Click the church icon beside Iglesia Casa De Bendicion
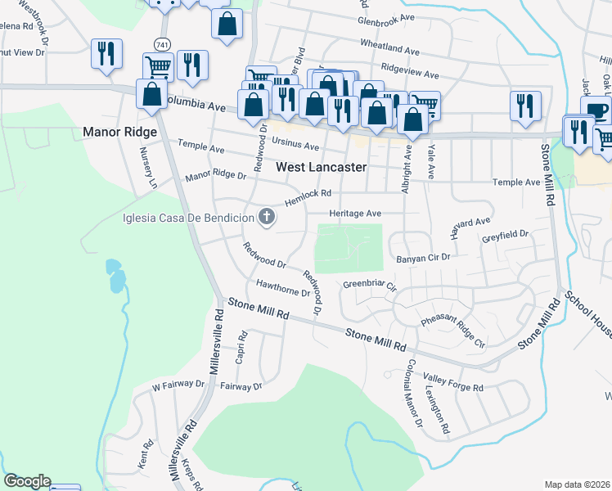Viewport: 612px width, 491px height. (x=266, y=217)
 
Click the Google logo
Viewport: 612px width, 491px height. (x=27, y=481)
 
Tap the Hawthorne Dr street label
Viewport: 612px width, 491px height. (x=283, y=288)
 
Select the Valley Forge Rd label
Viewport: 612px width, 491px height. (x=453, y=382)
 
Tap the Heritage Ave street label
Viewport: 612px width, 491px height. (x=355, y=214)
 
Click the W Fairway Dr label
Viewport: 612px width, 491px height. (x=178, y=384)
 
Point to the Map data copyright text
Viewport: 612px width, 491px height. (x=578, y=484)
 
